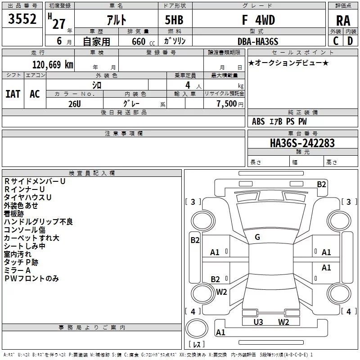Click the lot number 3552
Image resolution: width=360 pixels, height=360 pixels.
pos(22,21)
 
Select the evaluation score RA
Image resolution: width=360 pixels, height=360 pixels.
pos(343,21)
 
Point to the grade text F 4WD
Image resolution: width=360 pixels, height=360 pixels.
pos(258,21)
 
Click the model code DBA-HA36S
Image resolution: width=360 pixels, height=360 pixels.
pos(258,41)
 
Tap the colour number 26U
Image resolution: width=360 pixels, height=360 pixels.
pos(75,103)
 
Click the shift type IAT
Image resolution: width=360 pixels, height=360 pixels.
pos(13,94)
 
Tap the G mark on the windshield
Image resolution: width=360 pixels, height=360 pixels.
pos(257,237)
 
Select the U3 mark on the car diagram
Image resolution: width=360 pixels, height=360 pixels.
pos(258,322)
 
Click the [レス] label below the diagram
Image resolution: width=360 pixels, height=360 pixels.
pos(198,345)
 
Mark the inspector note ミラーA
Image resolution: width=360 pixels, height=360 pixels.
pos(17,270)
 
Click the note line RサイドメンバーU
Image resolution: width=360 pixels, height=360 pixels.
pos(35,181)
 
